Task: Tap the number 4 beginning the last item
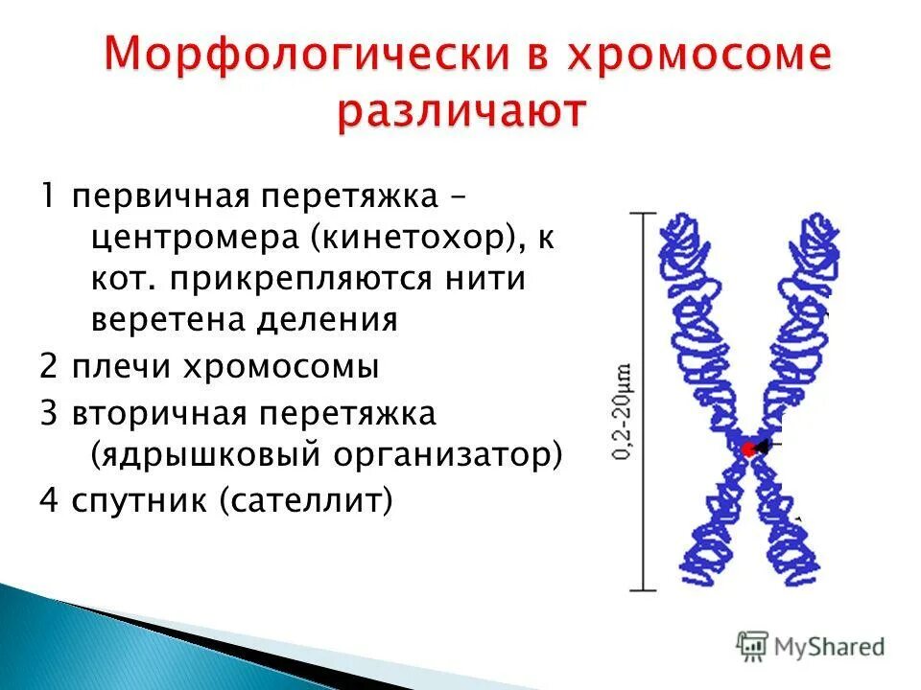[48, 501]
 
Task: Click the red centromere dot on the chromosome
[746, 448]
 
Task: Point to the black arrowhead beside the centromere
[763, 447]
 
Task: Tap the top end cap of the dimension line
[642, 213]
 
